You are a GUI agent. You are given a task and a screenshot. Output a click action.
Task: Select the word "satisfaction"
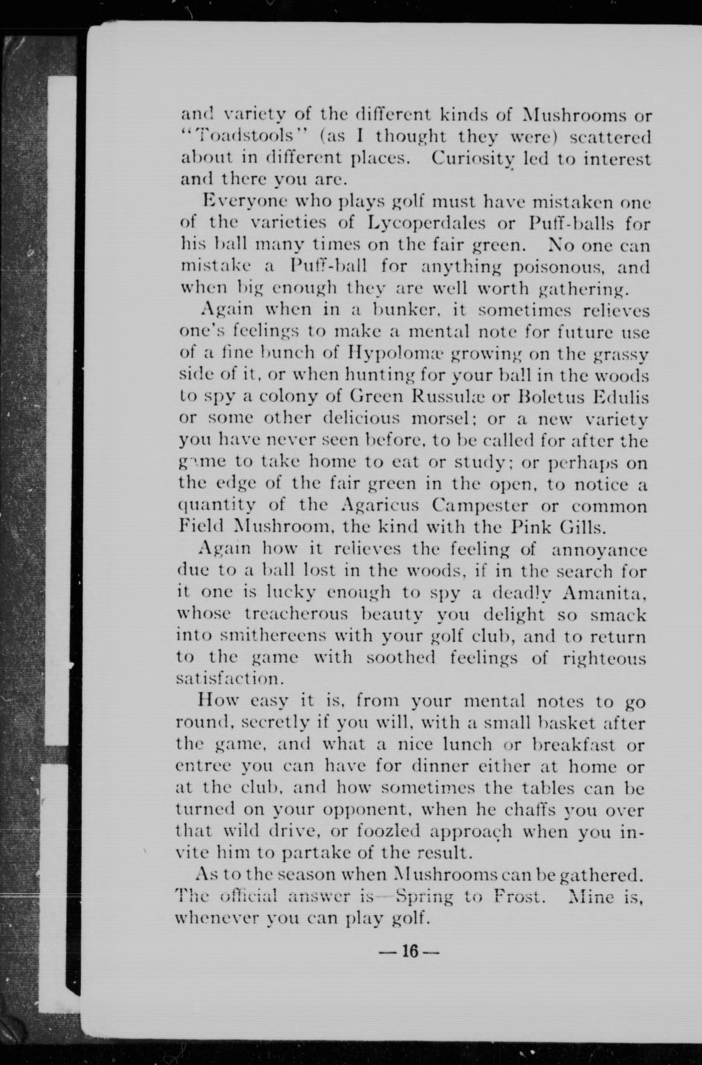coord(229,679)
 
